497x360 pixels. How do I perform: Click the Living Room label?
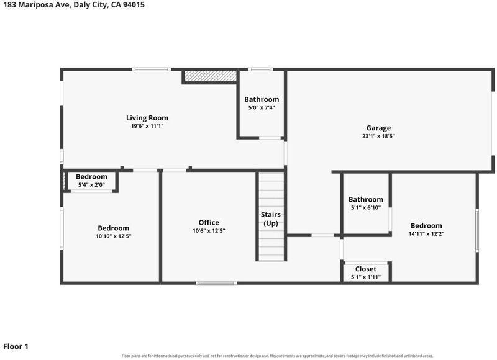point(147,118)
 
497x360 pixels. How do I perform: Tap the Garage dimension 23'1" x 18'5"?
point(378,136)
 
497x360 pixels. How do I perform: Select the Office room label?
point(209,222)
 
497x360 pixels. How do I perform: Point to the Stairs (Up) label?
point(271,218)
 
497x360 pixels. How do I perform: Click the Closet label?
point(366,269)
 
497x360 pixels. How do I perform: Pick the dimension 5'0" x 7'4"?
point(262,107)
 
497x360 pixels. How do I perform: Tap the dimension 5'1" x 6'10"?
point(366,208)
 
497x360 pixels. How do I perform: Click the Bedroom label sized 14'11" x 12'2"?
point(426,226)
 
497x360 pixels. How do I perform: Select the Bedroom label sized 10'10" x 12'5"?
point(114,228)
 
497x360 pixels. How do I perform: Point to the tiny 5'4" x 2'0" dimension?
point(91,185)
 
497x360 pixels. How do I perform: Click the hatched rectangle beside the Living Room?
point(211,76)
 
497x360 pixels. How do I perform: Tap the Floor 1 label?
point(16,346)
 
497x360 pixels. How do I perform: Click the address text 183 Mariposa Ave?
point(37,5)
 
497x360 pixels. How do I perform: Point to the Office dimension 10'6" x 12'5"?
point(209,231)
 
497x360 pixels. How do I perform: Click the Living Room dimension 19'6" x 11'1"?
point(147,126)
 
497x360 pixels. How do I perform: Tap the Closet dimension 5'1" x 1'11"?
point(366,277)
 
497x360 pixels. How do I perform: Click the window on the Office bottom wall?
point(216,283)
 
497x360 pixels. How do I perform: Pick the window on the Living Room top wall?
point(152,70)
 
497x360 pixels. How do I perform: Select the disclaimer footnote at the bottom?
point(277,356)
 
